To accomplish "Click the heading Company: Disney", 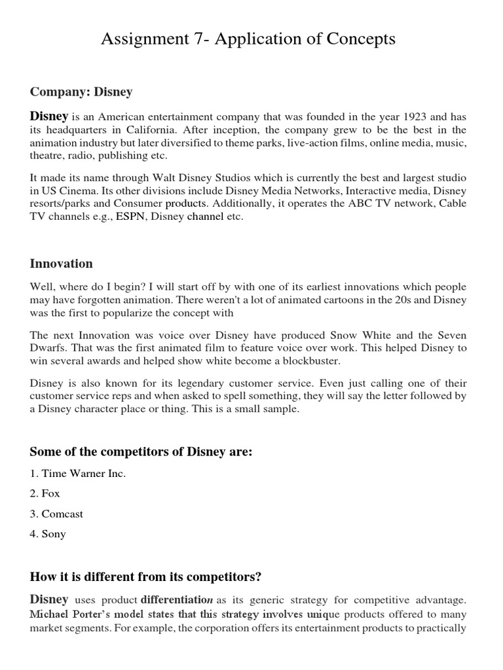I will click(x=81, y=92).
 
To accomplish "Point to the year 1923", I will click(x=413, y=116).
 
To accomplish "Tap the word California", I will click(x=149, y=130).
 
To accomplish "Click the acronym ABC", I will click(x=345, y=203).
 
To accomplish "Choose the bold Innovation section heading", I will click(x=62, y=264).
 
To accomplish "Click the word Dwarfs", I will click(x=47, y=348).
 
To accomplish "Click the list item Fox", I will click(x=50, y=493).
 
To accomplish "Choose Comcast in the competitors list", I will click(x=62, y=514).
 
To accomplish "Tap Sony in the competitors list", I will click(x=54, y=534).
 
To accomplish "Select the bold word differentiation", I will click(x=176, y=599).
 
